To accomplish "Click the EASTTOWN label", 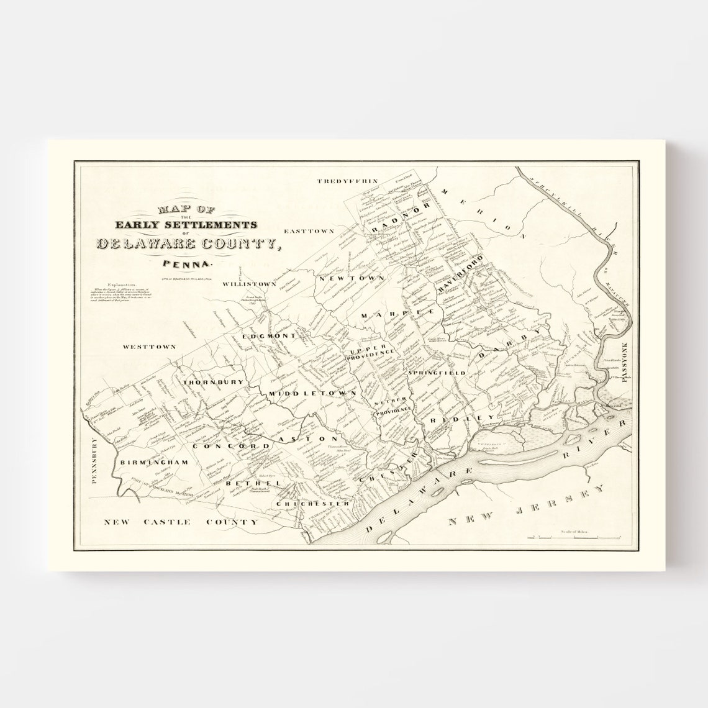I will point(309,231).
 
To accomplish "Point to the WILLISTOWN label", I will point(250,284).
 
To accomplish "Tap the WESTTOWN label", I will point(149,347).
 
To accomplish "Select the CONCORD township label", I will point(231,446).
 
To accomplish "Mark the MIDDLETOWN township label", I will point(312,394).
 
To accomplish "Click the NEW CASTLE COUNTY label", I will point(180,522).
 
